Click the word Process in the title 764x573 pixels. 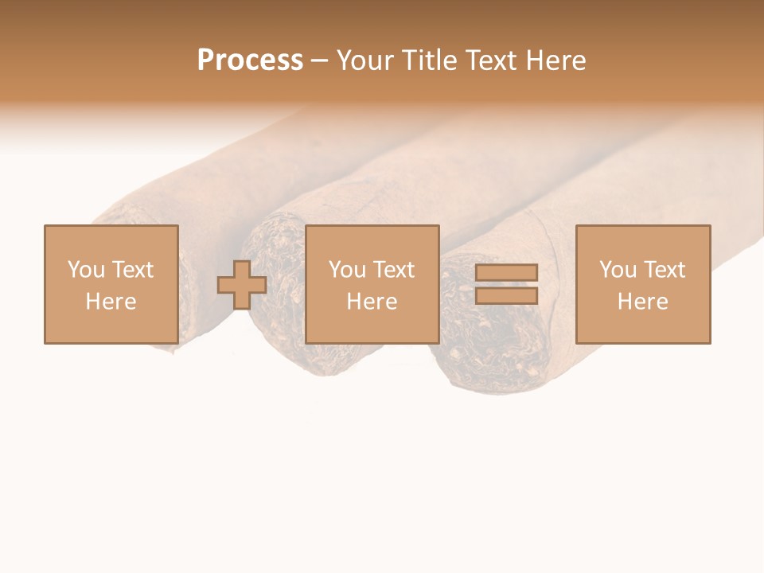click(250, 60)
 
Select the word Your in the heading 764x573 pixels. click(367, 60)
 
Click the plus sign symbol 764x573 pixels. click(242, 285)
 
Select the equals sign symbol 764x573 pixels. click(506, 284)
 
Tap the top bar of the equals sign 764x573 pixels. click(506, 273)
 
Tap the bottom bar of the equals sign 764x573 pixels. click(506, 296)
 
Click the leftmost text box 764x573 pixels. click(111, 284)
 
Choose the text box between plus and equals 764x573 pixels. click(372, 284)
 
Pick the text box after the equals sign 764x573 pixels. click(642, 284)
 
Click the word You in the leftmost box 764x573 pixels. click(85, 270)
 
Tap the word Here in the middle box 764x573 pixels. click(372, 302)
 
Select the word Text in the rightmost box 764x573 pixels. click(665, 270)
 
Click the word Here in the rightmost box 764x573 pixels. click(642, 302)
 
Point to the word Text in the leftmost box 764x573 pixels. click(133, 270)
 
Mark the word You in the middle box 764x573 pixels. click(346, 270)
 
